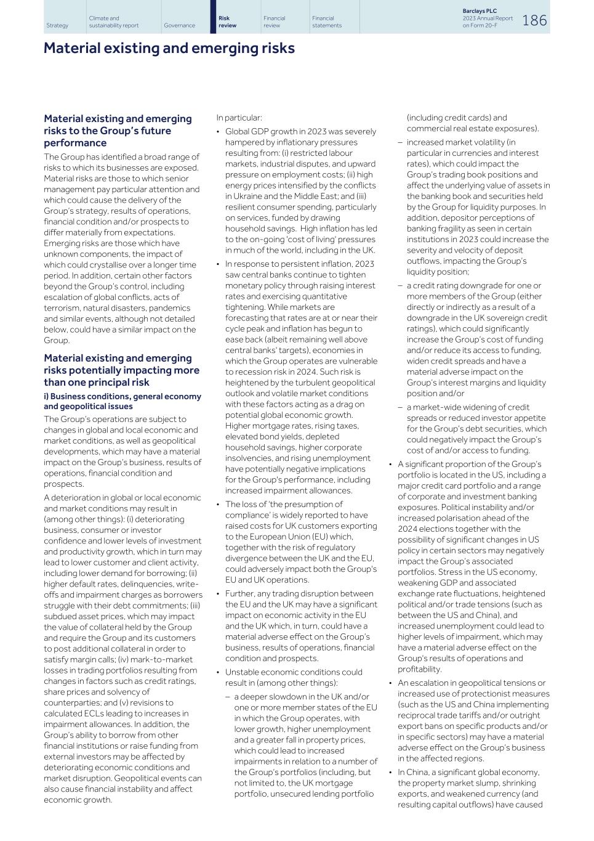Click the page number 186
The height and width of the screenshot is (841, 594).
534,20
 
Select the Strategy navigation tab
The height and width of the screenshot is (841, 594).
57,25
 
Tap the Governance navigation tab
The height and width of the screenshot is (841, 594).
179,25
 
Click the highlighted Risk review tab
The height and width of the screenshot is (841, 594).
228,22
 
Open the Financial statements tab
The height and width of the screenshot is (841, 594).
326,22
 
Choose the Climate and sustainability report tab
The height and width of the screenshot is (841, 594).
113,22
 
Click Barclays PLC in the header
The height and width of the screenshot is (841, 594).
480,11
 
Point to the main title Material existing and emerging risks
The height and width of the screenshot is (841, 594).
169,48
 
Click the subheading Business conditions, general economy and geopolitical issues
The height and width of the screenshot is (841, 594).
122,401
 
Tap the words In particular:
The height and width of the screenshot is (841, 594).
239,118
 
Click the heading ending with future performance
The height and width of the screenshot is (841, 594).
118,131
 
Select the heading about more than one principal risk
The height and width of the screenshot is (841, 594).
121,370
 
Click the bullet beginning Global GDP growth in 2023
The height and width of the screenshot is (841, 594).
300,131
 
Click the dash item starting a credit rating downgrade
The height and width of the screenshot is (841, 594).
473,285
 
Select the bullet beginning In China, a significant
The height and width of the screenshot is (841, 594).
468,772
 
